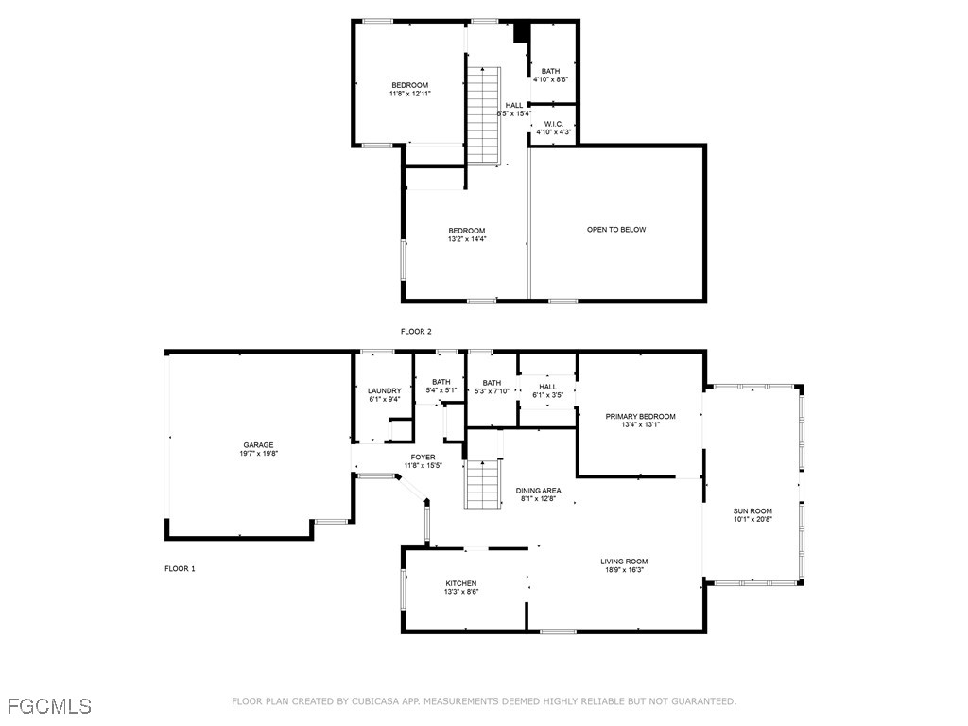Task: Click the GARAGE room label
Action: (258, 444)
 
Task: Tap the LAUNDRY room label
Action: (385, 390)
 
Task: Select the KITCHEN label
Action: (461, 583)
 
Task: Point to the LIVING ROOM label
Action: (624, 562)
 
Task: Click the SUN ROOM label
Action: (752, 511)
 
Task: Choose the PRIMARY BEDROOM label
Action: (640, 416)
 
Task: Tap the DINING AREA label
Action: (538, 491)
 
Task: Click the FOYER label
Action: (423, 457)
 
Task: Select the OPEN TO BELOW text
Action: (616, 230)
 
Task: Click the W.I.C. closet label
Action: (553, 124)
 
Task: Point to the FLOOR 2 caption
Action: (416, 331)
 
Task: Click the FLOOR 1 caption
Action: (180, 569)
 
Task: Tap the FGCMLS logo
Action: (49, 705)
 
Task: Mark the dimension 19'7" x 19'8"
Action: (258, 454)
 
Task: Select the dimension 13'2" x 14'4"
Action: (466, 239)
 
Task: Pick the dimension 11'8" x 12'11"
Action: (410, 94)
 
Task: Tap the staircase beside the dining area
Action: (483, 483)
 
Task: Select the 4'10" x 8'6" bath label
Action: (550, 79)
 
